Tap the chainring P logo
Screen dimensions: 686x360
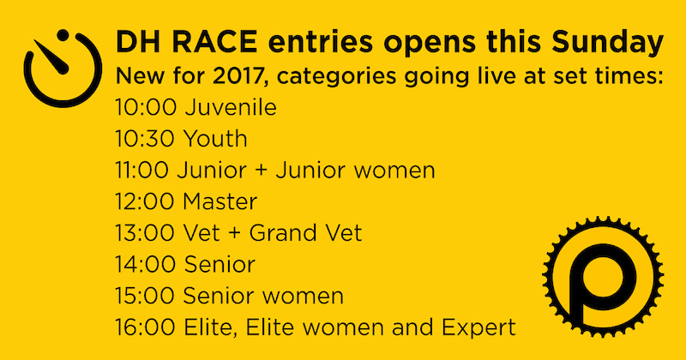coord(603,278)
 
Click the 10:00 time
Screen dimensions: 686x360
coord(146,108)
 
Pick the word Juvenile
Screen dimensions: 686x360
coord(231,108)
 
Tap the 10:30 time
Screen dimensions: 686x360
coord(146,139)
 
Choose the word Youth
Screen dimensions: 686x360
coord(216,139)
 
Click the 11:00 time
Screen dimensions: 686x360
coord(142,171)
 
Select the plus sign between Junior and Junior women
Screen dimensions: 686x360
coord(261,171)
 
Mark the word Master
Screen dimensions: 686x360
coord(220,201)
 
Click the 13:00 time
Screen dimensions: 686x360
coord(146,233)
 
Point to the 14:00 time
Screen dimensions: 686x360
coord(146,265)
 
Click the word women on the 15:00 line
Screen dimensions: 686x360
coord(303,297)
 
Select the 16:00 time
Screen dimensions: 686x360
coord(146,327)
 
